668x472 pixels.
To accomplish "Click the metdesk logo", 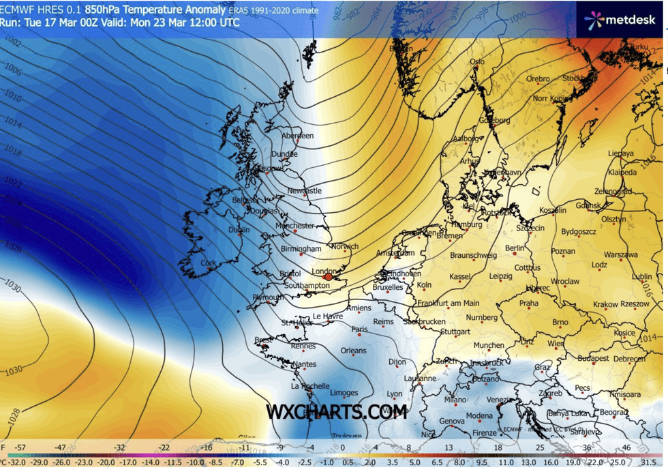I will pos(620,19).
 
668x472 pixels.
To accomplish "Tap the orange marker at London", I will pos(329,277).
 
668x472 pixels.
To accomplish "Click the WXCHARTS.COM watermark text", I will pos(336,412).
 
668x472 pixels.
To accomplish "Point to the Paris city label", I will pos(359,330).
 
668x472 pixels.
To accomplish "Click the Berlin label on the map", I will pos(517,248).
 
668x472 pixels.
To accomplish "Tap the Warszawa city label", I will pos(621,255).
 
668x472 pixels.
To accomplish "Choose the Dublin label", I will pos(239,231).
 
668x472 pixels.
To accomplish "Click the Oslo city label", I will pos(477,61).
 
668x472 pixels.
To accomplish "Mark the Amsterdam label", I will pos(395,253).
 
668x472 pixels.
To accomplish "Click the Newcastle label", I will pos(304,191).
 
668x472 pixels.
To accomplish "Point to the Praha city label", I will pos(529,304).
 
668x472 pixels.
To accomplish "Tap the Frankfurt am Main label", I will pos(446,302).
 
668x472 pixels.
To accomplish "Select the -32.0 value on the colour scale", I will pos(15,462).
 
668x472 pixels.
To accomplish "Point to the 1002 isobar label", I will pos(12,43).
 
